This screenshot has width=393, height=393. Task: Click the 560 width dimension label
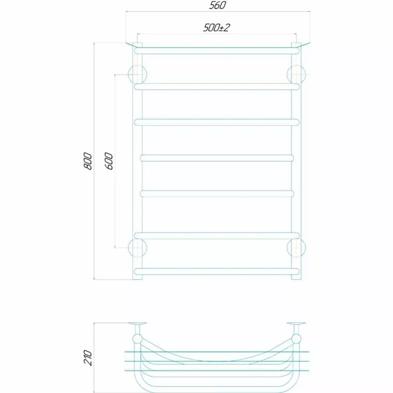tap(217, 5)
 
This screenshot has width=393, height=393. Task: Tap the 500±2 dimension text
tap(216, 28)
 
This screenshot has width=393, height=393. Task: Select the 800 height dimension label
tap(88, 161)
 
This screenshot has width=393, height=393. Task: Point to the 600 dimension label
tap(109, 161)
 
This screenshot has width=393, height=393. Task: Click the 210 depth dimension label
tap(88, 358)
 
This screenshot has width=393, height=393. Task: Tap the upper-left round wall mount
tap(137, 75)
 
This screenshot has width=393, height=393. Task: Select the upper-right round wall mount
tap(296, 75)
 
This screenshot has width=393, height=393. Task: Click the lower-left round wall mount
tap(137, 248)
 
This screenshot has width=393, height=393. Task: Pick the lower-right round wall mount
tap(296, 248)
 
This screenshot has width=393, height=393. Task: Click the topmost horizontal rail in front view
tap(217, 51)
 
